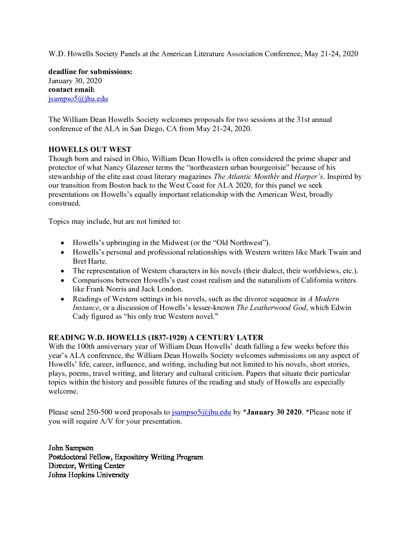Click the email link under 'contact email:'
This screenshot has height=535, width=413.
click(78, 99)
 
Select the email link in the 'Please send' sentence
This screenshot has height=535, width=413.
click(201, 412)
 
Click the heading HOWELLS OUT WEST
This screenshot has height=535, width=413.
click(90, 149)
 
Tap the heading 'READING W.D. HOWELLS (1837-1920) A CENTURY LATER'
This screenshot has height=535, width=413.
click(156, 337)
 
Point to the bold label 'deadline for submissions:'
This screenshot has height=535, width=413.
click(90, 72)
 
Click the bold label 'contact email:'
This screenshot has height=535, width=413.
click(71, 90)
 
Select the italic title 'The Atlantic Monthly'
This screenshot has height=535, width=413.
click(246, 176)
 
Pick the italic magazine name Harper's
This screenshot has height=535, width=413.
click(308, 176)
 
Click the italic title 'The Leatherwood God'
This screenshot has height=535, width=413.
click(271, 307)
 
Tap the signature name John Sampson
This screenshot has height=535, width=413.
click(71, 448)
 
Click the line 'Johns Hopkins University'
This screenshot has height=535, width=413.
click(88, 475)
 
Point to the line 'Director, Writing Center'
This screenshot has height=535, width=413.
click(86, 465)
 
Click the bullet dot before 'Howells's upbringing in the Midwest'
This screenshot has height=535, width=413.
click(63, 243)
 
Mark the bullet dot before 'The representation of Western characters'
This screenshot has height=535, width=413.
click(63, 271)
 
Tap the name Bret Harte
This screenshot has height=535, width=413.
click(90, 261)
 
